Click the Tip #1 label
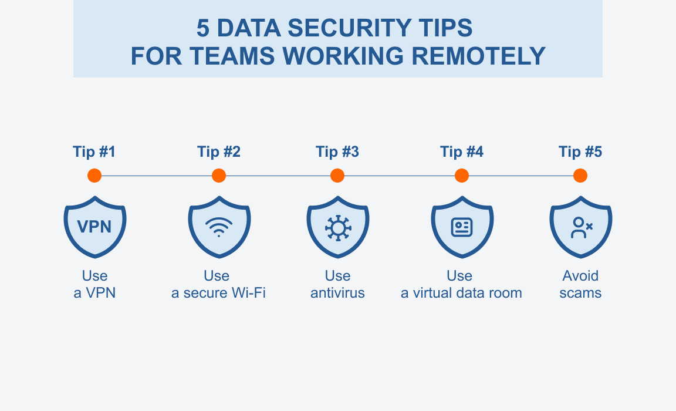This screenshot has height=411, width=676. click(94, 152)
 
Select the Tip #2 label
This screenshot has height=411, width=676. click(219, 152)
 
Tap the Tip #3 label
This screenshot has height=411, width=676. click(337, 152)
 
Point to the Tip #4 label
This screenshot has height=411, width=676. click(462, 152)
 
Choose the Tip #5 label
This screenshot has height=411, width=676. click(580, 152)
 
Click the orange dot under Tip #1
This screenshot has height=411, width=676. click(94, 176)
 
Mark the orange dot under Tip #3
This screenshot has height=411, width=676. click(337, 176)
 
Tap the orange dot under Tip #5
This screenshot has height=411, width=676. click(580, 176)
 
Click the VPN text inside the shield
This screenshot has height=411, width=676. click(95, 227)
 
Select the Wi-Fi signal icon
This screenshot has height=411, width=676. click(219, 227)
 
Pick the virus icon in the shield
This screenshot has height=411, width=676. click(337, 227)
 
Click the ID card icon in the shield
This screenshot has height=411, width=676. click(462, 227)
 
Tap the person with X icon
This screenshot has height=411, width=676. click(581, 227)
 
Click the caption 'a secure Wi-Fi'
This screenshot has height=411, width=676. click(218, 293)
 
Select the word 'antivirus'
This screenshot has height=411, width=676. click(337, 293)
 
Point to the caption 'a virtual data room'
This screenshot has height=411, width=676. click(461, 293)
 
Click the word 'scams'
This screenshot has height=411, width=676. click(580, 293)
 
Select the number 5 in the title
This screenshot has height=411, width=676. click(202, 28)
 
